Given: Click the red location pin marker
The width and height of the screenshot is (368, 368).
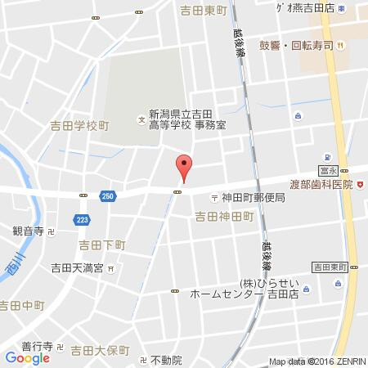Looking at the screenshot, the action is click(185, 166).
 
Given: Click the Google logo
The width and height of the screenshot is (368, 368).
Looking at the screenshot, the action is click(27, 357).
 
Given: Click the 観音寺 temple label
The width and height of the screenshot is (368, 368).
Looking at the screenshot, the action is click(28, 232).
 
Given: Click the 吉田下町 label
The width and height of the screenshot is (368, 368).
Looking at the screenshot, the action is click(103, 245).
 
